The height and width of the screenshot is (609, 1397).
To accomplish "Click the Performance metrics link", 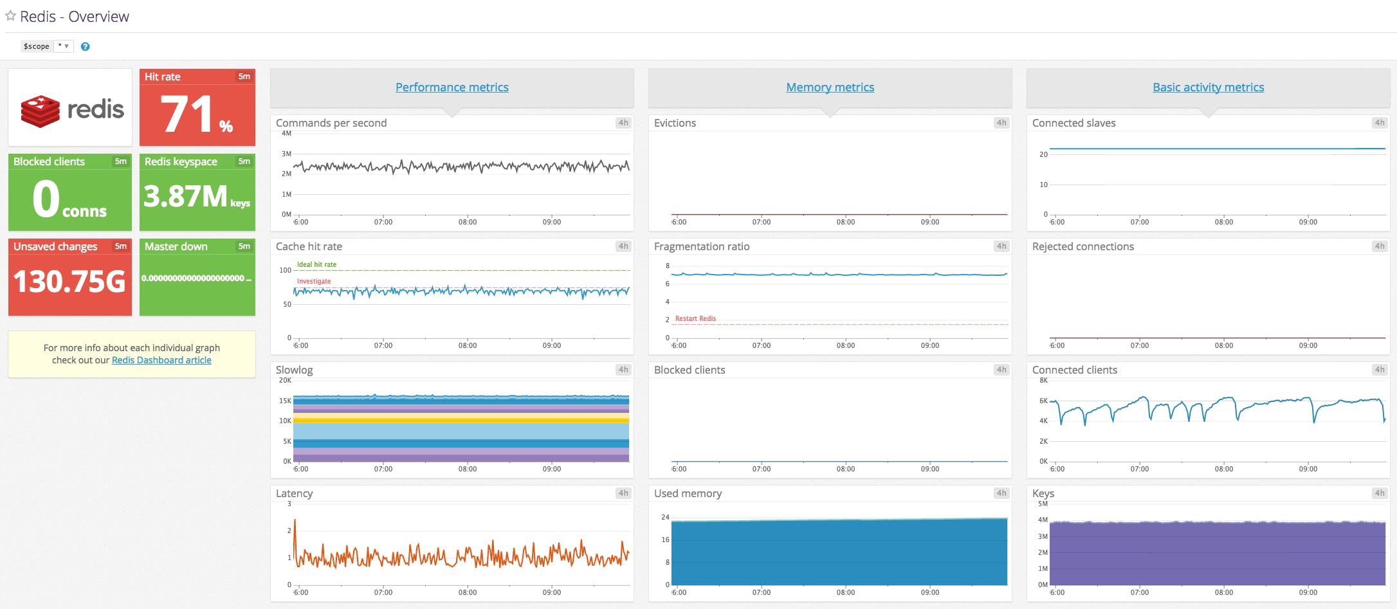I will [x=452, y=87].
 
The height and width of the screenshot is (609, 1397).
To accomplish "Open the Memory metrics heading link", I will [x=830, y=87].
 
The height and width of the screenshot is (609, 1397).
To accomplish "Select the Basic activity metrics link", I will [x=1208, y=87].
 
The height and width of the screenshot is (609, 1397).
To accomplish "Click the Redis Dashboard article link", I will [x=161, y=360].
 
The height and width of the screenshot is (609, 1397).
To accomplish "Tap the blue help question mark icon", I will [x=85, y=46].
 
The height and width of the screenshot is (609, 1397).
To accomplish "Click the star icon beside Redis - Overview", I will [x=10, y=16].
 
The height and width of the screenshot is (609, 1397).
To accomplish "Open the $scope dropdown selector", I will [x=63, y=46].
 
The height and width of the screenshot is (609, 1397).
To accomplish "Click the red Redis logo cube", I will [x=40, y=111].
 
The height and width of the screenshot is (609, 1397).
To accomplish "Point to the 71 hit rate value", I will [x=187, y=114].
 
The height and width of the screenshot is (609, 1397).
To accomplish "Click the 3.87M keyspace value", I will [x=186, y=196].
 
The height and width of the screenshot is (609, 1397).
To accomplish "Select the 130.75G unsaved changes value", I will [x=69, y=282].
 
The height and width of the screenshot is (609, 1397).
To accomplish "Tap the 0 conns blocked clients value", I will [x=46, y=199].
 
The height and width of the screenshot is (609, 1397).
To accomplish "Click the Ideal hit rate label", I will [x=316, y=264].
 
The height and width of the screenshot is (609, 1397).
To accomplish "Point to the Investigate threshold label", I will [x=314, y=281].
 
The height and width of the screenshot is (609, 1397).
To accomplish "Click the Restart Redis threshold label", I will [x=695, y=318].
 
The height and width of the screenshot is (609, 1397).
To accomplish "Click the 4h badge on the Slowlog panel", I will [x=623, y=370].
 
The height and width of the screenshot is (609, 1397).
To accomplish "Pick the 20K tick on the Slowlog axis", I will [x=285, y=381].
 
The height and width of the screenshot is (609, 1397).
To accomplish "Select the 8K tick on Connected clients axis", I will [x=1043, y=381].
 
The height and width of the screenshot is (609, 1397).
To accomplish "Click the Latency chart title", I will [x=294, y=493].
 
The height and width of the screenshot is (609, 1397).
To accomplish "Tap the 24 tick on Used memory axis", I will [x=665, y=517].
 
